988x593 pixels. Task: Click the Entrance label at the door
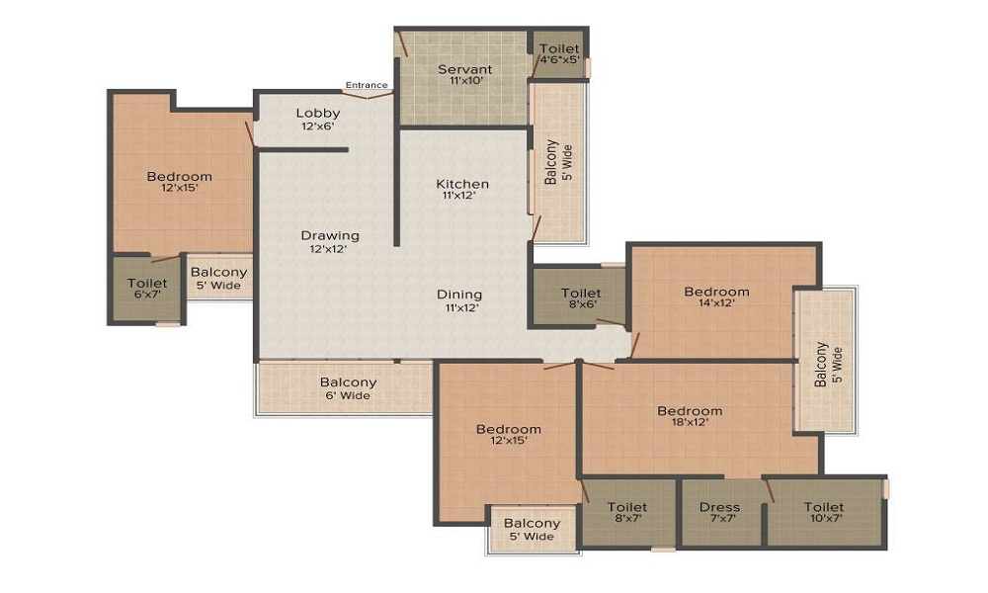[367, 85]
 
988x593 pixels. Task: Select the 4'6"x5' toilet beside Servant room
[559, 54]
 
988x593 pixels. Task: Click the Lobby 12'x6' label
[318, 120]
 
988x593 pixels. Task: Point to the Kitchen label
[462, 184]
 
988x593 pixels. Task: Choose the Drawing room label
[330, 236]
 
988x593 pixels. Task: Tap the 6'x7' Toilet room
[147, 289]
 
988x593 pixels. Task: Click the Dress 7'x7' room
[719, 514]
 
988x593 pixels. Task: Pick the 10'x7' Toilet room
[824, 514]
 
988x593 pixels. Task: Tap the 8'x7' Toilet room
[627, 514]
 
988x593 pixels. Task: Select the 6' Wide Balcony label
[348, 388]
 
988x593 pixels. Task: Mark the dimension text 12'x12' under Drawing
[330, 249]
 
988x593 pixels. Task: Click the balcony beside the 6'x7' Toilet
[218, 279]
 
